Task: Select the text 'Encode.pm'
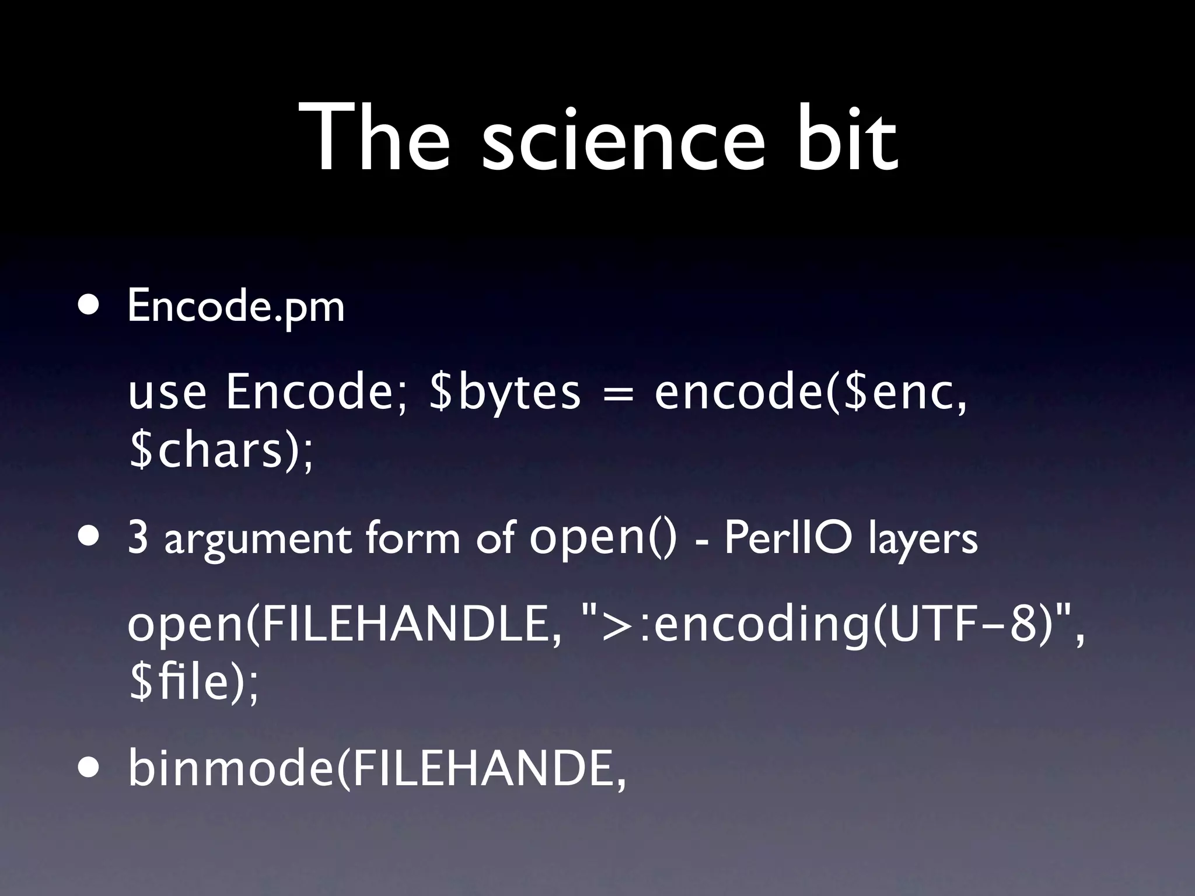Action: pos(236,307)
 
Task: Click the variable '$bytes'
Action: pos(505,393)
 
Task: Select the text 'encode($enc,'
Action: pos(810,393)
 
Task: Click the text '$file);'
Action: pos(193,684)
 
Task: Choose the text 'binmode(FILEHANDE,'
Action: pos(377,769)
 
